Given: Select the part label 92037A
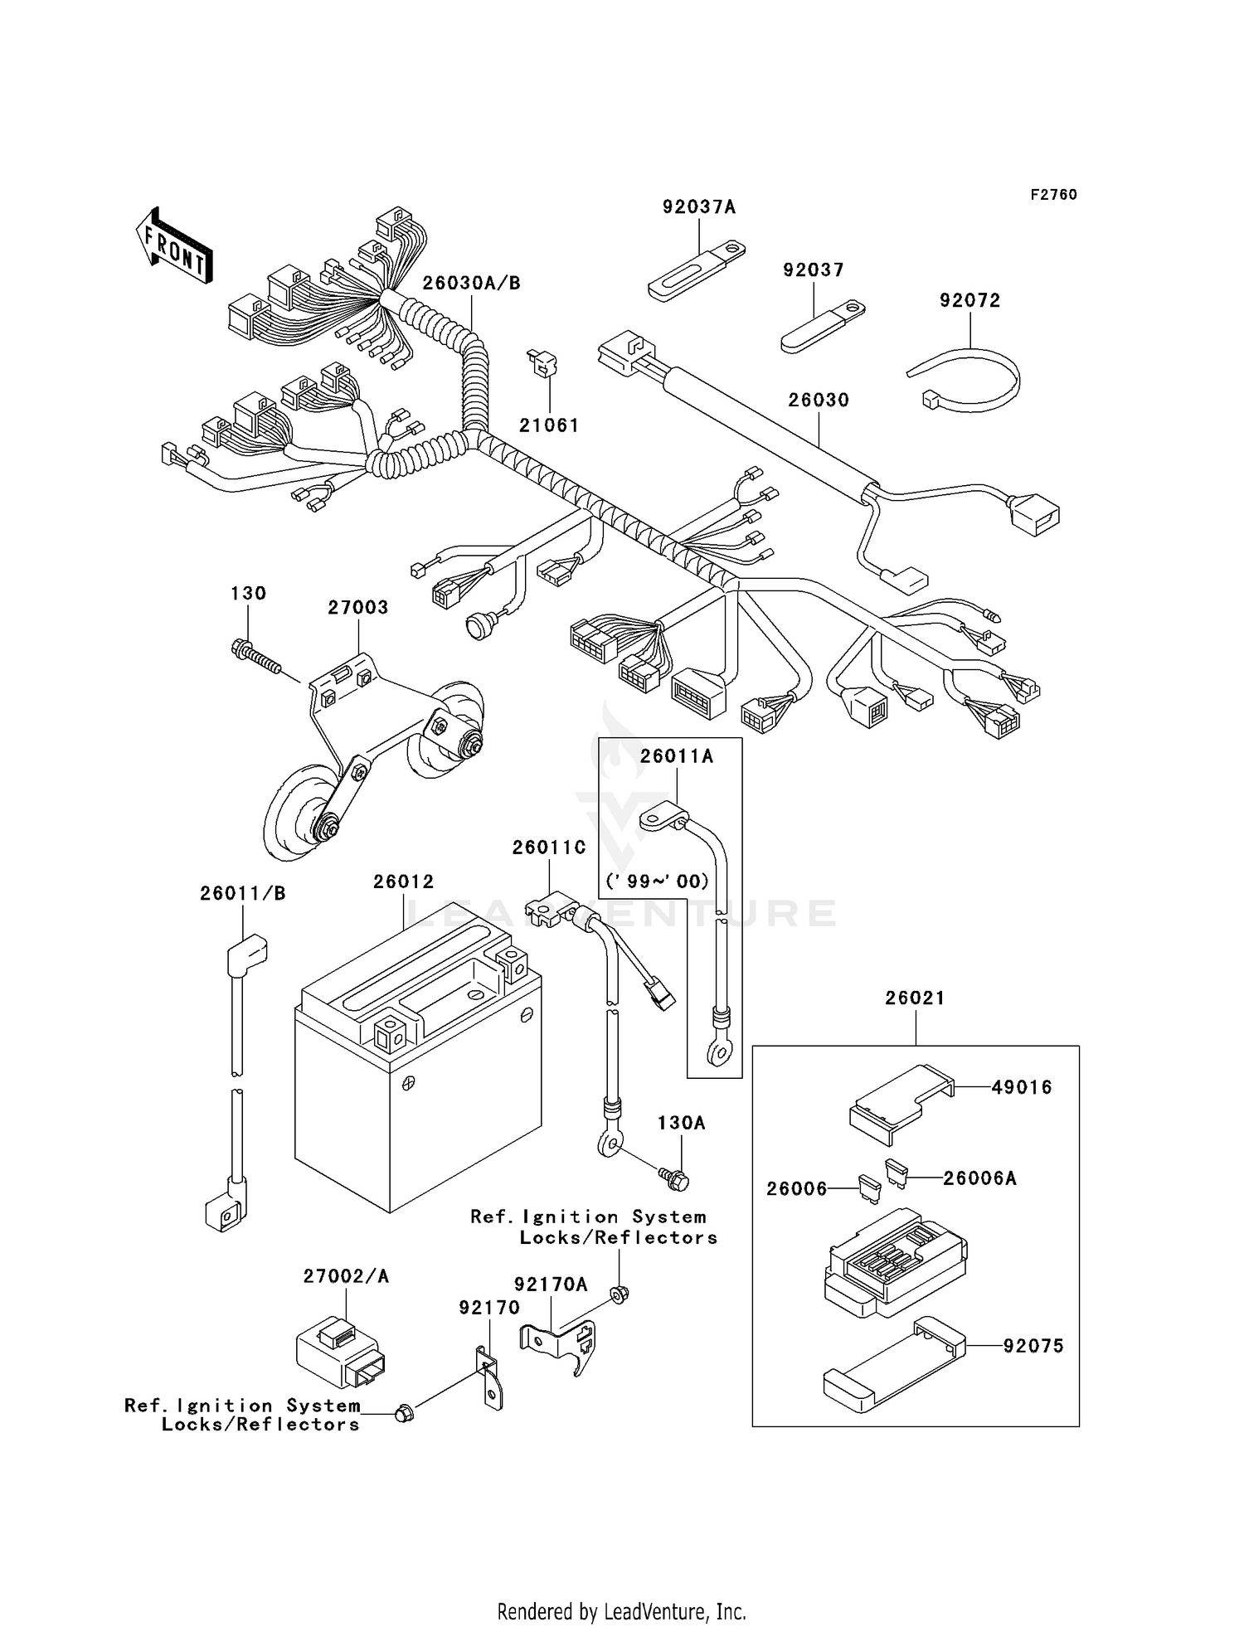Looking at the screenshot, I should (698, 207).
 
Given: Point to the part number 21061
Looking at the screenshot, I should (549, 425).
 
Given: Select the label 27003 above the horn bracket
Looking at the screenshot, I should (357, 608).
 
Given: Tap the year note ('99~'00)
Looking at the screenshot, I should (657, 881).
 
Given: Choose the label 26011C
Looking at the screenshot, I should (549, 847).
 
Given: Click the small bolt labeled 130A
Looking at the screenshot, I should (674, 1178).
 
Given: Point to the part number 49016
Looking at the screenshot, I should (1021, 1087).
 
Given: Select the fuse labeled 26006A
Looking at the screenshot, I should (896, 1171).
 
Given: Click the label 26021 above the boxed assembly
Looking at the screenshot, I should (915, 998).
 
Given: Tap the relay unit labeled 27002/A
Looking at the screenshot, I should (340, 1354).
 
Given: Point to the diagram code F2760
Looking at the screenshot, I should (1053, 195).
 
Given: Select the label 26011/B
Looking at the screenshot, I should (242, 894).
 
